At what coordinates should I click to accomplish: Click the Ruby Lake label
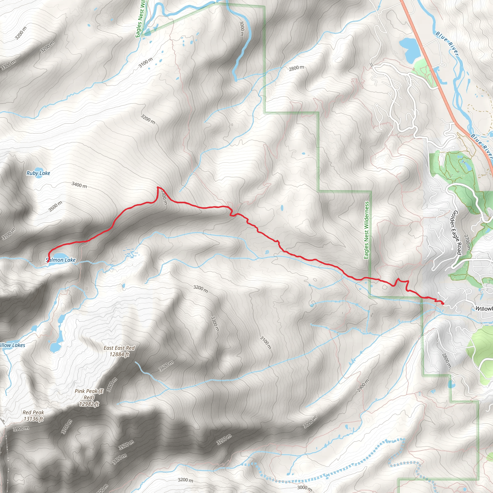point(38,173)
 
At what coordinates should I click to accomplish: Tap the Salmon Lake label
point(61,260)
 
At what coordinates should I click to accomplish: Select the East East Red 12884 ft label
point(119,351)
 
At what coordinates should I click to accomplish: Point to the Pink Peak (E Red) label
point(89,397)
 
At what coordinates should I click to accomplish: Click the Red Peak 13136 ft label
point(33,415)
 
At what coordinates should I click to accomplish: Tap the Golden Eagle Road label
point(456,232)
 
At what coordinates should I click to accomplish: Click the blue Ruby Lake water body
point(38,169)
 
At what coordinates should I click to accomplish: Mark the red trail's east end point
point(442,303)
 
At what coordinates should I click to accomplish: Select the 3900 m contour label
point(21,428)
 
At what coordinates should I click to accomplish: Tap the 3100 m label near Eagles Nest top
point(146,63)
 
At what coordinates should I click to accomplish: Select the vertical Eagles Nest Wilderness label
point(366,230)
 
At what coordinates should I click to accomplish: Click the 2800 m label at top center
point(296,68)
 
